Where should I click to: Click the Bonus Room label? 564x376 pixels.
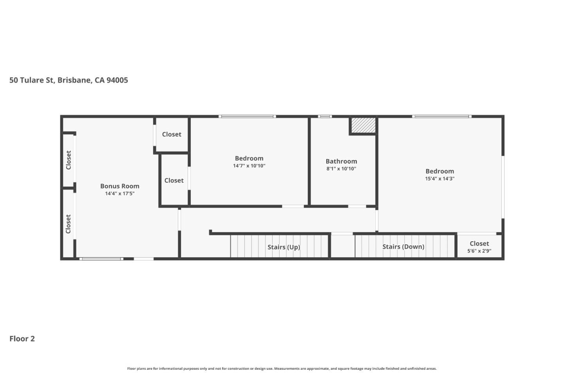pos(119,186)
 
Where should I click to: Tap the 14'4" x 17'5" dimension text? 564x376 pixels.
pos(119,193)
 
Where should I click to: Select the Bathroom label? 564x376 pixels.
pos(341,161)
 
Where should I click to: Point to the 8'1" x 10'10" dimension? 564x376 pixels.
pos(341,169)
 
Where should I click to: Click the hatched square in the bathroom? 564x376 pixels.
pos(363,125)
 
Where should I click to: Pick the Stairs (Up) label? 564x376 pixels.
pos(284,247)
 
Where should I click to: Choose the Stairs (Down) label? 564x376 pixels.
pos(403,246)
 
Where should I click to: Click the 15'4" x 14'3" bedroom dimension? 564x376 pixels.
pos(439,179)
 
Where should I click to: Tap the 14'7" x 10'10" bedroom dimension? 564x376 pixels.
pos(249,166)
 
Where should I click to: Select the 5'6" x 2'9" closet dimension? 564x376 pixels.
pos(479,251)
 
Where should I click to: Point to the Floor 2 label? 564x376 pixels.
pos(22,339)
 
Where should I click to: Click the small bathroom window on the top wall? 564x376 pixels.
pos(325,116)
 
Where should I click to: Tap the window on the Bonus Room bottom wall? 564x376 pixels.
pos(101,258)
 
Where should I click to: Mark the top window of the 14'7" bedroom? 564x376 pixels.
pos(247,116)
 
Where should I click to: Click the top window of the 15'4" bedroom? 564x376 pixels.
pos(441,116)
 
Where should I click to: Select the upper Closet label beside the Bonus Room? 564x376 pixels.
pos(172,134)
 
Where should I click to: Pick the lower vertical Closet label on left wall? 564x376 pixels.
pos(68,224)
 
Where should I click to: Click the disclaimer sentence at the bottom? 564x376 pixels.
pos(282,369)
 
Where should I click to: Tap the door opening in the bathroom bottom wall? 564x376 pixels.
pos(357,206)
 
